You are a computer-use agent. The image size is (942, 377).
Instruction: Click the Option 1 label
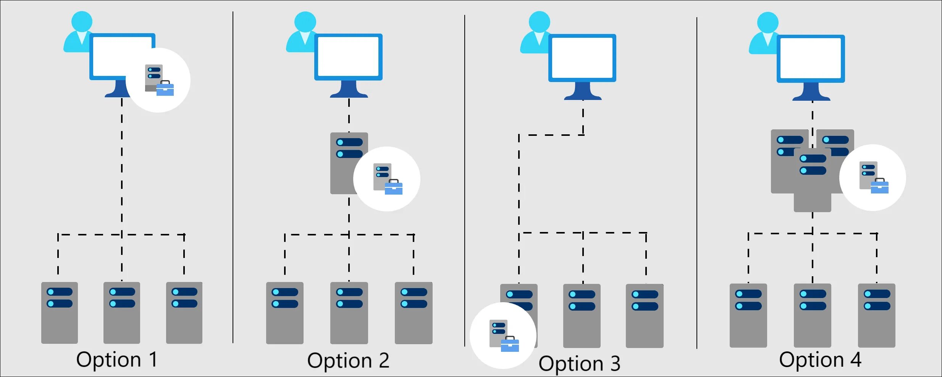pyautogui.click(x=116, y=360)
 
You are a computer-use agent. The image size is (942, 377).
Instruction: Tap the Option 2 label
pyautogui.click(x=348, y=361)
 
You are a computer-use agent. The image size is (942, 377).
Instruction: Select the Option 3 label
pyautogui.click(x=579, y=364)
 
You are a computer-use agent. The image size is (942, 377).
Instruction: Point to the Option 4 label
pyautogui.click(x=820, y=360)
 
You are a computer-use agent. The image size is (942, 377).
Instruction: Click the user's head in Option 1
pyautogui.click(x=82, y=21)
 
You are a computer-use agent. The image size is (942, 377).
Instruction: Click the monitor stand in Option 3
pyautogui.click(x=583, y=92)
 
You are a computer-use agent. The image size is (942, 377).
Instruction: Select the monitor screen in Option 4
pyautogui.click(x=811, y=59)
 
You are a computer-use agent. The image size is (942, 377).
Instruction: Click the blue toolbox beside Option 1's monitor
pyautogui.click(x=165, y=89)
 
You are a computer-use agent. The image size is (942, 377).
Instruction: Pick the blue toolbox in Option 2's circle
pyautogui.click(x=393, y=187)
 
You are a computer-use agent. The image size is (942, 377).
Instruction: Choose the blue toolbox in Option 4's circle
pyautogui.click(x=879, y=186)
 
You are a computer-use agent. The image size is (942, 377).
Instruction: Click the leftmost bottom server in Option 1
pyautogui.click(x=59, y=313)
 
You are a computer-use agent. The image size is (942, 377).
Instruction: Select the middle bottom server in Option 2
pyautogui.click(x=349, y=313)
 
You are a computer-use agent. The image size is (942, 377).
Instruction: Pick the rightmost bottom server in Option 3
pyautogui.click(x=645, y=316)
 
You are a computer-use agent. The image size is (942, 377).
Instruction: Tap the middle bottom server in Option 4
pyautogui.click(x=812, y=315)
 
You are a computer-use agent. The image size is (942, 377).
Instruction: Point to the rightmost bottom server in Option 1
pyautogui.click(x=184, y=313)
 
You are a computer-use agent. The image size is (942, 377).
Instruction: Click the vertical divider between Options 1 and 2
pyautogui.click(x=233, y=177)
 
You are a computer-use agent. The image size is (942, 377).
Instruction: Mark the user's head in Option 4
pyautogui.click(x=767, y=23)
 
